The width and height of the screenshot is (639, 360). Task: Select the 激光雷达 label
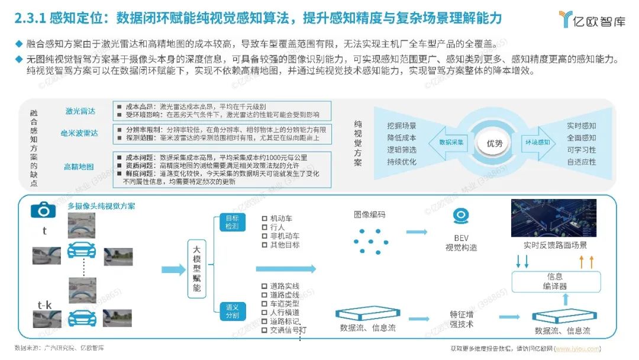pos(80,111)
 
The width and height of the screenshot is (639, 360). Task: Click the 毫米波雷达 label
pos(79,133)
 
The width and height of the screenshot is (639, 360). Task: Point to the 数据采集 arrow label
pos(453,143)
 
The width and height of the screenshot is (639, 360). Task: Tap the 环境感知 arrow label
pos(537,143)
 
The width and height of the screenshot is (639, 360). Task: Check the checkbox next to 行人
pos(264,227)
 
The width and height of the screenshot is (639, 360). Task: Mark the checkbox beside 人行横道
pos(264,312)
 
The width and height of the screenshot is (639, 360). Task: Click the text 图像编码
pos(369,214)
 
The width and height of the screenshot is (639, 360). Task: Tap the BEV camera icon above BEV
pos(461,216)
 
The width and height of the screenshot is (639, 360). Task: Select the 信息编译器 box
pos(555,281)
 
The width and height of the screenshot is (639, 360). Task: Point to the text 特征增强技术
pos(461,319)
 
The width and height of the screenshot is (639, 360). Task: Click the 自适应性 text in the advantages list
pos(581,162)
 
